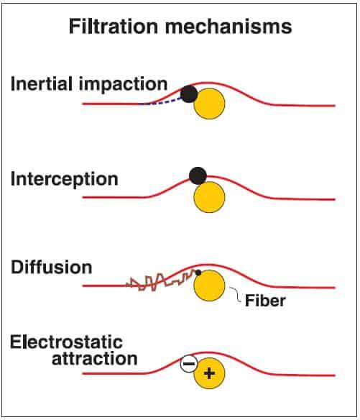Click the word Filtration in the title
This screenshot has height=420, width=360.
[114, 26]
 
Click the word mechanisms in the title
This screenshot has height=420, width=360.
[229, 26]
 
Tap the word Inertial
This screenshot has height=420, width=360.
[42, 83]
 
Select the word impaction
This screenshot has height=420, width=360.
[123, 85]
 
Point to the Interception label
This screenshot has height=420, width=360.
[65, 179]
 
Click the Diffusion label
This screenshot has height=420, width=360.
[52, 267]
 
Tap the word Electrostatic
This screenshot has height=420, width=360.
[66, 342]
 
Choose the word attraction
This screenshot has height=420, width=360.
[94, 358]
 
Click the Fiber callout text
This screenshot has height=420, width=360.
[265, 301]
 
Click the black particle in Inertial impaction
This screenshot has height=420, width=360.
[189, 93]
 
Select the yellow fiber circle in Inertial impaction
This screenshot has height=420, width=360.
[209, 104]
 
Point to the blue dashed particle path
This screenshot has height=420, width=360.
[161, 101]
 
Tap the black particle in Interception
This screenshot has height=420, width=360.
[198, 175]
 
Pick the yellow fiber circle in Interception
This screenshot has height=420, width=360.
[209, 197]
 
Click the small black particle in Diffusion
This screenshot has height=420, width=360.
[198, 273]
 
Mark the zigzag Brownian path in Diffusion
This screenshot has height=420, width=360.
[160, 281]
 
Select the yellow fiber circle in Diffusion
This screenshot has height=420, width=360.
[209, 286]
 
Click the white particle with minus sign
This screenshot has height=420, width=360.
[189, 364]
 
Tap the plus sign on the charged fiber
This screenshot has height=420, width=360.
[209, 373]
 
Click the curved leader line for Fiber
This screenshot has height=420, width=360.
[236, 294]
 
